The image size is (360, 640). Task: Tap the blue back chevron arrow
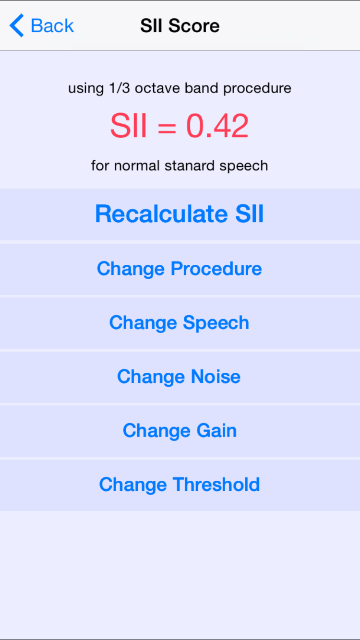click(x=17, y=25)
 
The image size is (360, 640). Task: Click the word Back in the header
click(x=52, y=25)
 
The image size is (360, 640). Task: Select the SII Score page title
click(x=180, y=25)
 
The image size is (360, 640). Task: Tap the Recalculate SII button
click(x=180, y=214)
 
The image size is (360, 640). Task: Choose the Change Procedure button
click(x=180, y=269)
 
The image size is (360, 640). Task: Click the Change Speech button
click(x=180, y=323)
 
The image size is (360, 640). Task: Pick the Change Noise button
click(x=179, y=377)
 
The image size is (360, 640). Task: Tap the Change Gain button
click(x=180, y=431)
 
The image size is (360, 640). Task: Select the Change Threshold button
click(x=180, y=485)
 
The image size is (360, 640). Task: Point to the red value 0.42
click(x=217, y=126)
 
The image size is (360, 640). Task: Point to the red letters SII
click(x=128, y=126)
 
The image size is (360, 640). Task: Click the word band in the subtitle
click(x=199, y=88)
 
